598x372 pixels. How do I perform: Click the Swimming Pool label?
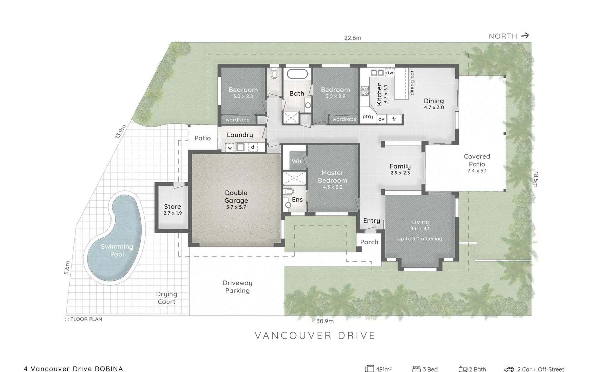117,250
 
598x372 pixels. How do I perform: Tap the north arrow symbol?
525,35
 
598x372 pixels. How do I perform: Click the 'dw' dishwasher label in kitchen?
390,72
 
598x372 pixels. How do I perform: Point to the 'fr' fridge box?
394,119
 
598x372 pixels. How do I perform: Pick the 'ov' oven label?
381,119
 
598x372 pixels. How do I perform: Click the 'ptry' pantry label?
368,117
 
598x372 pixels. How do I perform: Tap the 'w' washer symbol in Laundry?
230,148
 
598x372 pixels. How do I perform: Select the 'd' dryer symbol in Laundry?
253,147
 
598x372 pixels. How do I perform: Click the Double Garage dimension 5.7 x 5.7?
236,207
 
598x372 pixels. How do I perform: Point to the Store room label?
172,207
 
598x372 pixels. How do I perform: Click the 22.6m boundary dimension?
352,38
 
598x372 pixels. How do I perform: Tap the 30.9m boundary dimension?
325,321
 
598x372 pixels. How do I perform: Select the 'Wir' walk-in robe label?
297,161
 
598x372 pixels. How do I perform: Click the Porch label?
369,242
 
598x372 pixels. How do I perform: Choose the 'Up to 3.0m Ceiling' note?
419,238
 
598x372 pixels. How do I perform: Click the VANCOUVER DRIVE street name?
315,335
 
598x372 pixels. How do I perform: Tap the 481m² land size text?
383,369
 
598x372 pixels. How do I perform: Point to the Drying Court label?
167,298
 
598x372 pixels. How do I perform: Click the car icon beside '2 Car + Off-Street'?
509,369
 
